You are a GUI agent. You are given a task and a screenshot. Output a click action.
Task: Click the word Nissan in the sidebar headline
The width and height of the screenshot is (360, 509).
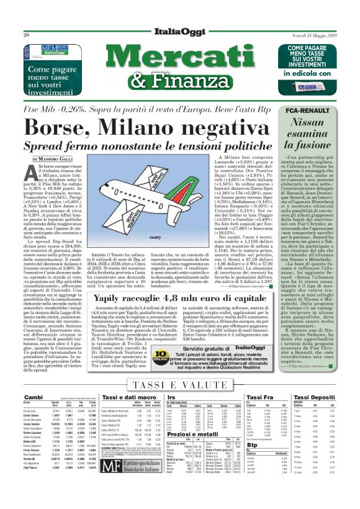[305, 122]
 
